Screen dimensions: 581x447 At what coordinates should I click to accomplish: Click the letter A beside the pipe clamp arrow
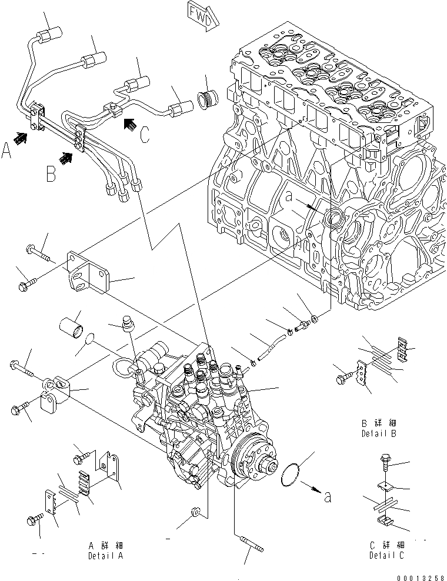point(7,152)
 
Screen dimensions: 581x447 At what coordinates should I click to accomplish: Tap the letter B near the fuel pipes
point(52,173)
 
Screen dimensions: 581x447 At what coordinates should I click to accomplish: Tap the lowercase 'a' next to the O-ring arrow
point(328,497)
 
